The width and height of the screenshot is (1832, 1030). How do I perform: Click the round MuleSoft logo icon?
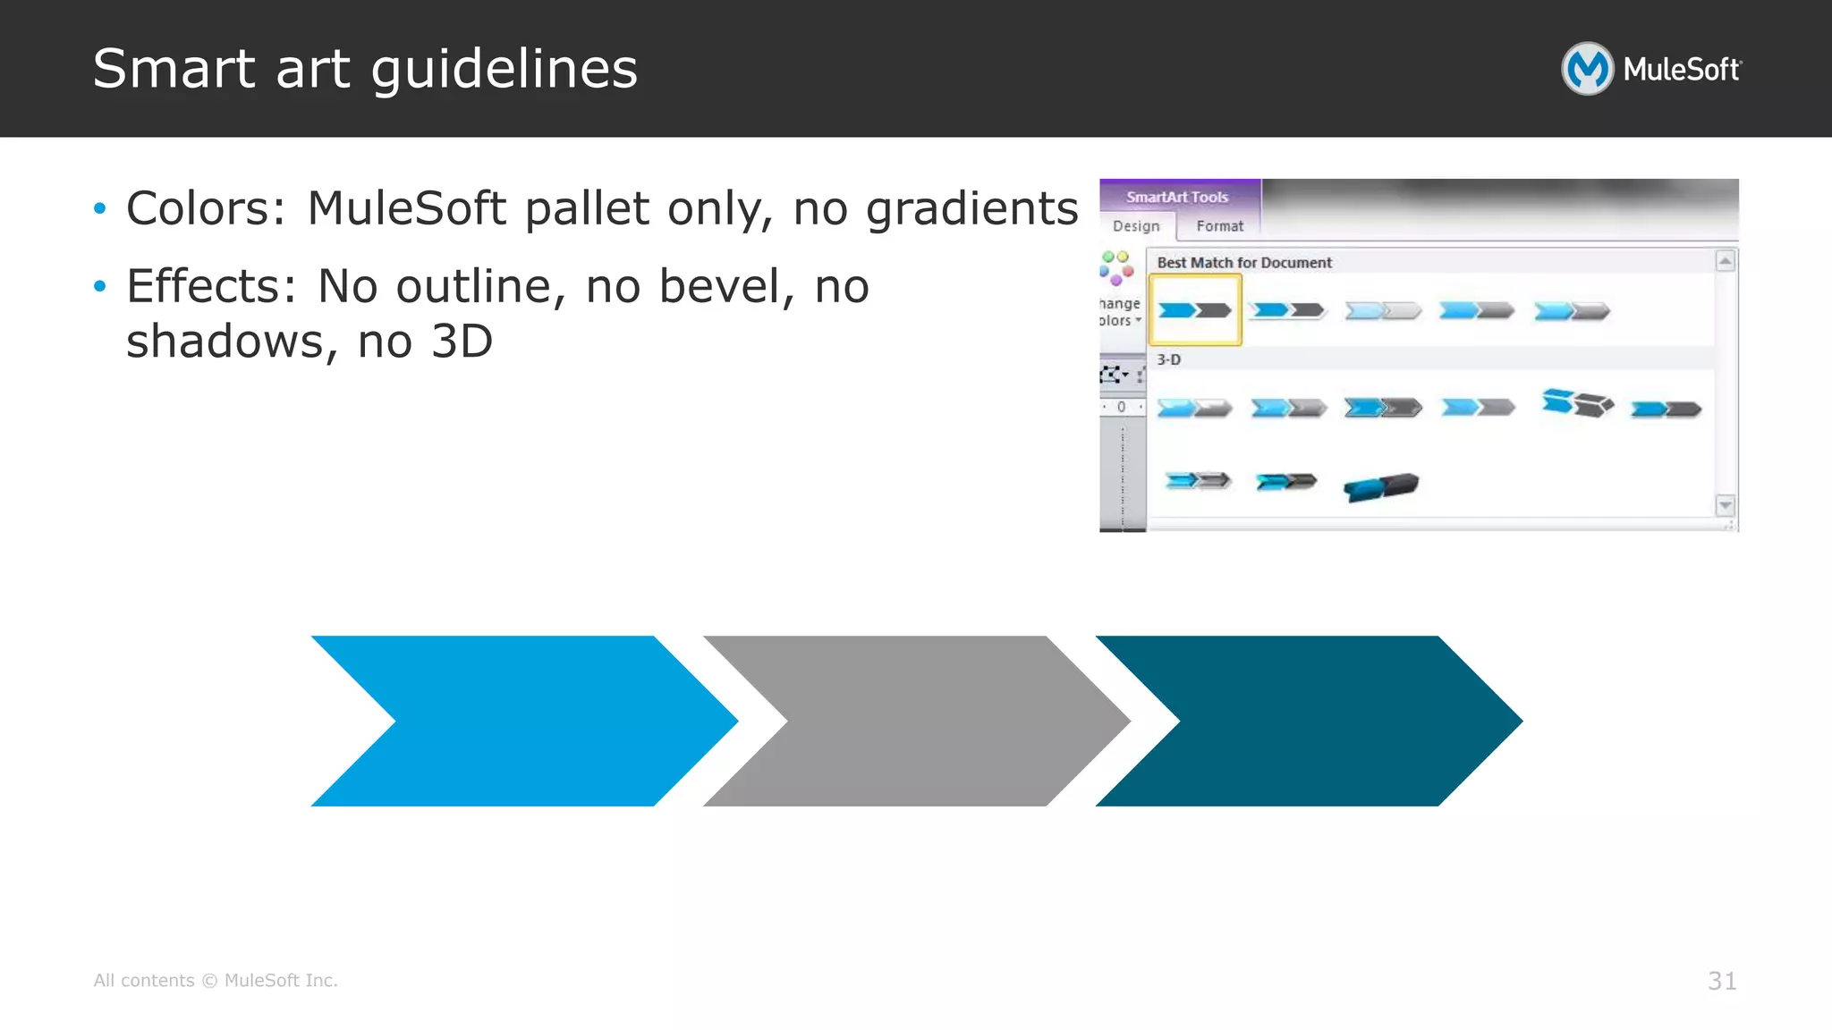(1587, 69)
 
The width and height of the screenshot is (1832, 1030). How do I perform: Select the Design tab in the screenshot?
(1136, 226)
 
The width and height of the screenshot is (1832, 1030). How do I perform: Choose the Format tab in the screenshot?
(1219, 226)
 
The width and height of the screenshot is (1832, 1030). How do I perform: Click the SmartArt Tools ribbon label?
(1177, 197)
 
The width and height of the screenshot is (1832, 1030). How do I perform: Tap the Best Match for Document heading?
(1244, 263)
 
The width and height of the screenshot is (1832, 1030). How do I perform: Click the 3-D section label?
(1168, 359)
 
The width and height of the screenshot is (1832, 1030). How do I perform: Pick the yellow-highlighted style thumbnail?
(1195, 310)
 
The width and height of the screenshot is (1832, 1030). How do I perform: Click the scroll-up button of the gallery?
(1725, 261)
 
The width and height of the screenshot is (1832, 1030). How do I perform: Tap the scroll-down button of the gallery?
(1725, 505)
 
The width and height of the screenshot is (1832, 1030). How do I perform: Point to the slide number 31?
(1722, 981)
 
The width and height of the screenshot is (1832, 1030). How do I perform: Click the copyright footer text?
(216, 981)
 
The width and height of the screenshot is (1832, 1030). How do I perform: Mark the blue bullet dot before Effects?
(100, 286)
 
